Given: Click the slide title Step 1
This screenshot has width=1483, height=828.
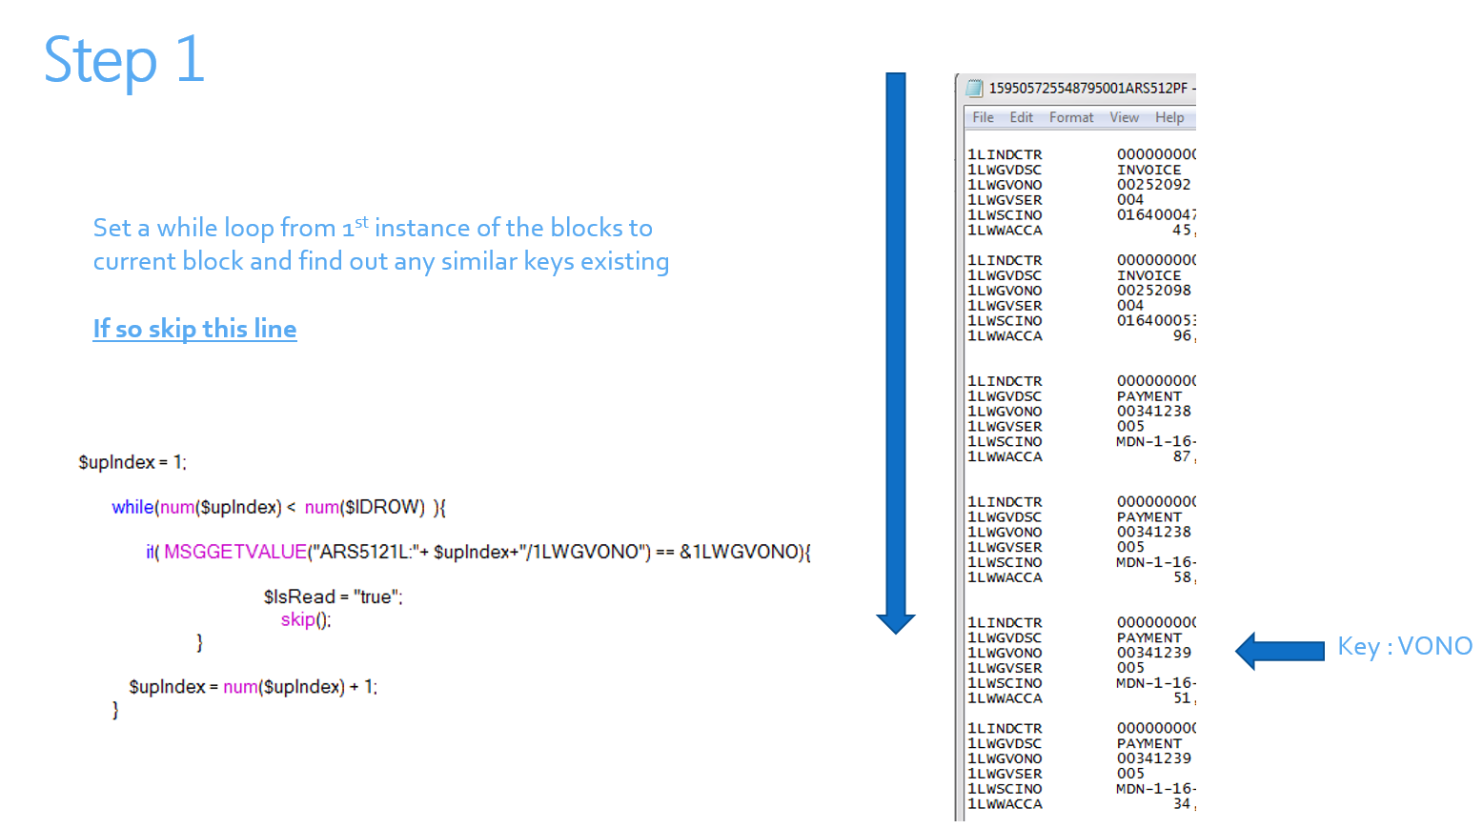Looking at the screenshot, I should pos(124,60).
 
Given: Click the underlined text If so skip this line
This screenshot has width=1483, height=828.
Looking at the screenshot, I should pos(194,329).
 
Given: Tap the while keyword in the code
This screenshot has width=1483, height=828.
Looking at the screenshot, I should pos(132,507).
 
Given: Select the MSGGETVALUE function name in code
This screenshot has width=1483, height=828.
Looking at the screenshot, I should pos(234,552).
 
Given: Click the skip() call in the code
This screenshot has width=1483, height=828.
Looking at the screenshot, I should pos(306,619).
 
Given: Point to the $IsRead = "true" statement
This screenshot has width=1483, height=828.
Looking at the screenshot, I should pos(333,596).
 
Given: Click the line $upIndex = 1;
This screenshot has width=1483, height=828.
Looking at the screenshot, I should pos(132,462).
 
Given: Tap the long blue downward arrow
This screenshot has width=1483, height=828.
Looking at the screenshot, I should pos(896,353).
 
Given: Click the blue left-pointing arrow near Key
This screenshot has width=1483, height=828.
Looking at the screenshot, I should pos(1279,651).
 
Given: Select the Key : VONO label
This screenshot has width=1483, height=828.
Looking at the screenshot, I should pos(1404,647).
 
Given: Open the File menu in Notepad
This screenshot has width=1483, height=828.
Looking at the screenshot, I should pos(983,117).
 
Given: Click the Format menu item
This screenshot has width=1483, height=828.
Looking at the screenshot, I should pos(1071,117).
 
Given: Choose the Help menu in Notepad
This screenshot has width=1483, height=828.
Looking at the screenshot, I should pos(1169,117).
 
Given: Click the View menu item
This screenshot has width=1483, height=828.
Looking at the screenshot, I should pos(1124,117).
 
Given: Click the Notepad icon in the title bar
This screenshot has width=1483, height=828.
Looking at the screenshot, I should pos(974,88).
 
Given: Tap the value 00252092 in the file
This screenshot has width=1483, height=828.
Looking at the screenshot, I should pos(1153,185).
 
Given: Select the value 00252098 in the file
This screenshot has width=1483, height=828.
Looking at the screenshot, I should pos(1153,291).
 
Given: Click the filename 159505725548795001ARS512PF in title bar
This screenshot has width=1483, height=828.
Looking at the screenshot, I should pos(1087,88).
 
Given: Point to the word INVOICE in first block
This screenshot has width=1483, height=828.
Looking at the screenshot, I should pos(1148,170).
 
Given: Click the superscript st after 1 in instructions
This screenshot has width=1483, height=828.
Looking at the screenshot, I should pos(361,221).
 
